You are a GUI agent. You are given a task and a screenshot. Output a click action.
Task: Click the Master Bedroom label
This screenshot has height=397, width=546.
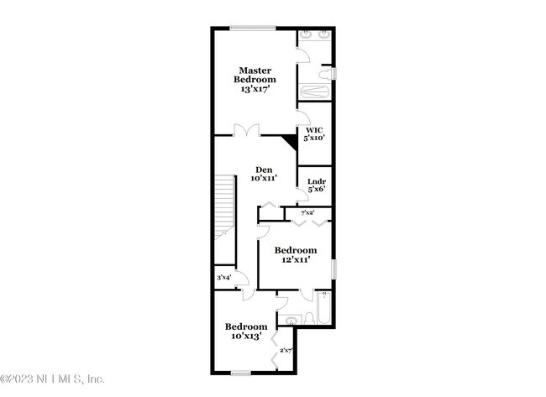tap(253, 75)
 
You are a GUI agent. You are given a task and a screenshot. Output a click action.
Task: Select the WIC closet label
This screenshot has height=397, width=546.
tap(314, 130)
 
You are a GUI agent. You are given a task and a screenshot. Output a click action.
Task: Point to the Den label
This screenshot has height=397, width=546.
tap(264, 169)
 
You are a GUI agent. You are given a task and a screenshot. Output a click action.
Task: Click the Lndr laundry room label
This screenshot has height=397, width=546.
tap(316, 181)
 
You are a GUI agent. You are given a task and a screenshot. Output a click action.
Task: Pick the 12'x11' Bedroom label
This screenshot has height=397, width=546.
tap(296, 250)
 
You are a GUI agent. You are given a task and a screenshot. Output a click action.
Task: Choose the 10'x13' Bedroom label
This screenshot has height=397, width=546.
tap(245, 326)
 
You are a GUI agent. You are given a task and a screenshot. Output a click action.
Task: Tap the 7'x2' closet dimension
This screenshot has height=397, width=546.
tap(308, 213)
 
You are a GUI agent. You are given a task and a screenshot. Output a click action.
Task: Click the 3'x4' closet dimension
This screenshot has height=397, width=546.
tap(224, 278)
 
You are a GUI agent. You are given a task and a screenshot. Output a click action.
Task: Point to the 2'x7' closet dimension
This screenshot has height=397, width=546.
tap(285, 351)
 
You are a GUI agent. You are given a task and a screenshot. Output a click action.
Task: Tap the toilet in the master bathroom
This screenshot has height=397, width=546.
tap(333, 75)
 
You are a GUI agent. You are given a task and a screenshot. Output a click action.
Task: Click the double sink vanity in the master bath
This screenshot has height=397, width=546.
tap(316, 38)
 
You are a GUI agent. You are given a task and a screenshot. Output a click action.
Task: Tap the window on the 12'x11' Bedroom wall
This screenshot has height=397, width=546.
tap(333, 269)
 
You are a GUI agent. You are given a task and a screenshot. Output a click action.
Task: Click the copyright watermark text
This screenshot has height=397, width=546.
tap(53, 378)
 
